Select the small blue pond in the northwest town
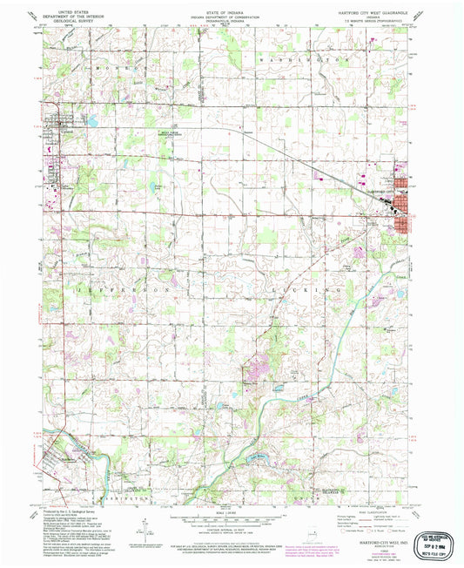pyautogui.click(x=91, y=123)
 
